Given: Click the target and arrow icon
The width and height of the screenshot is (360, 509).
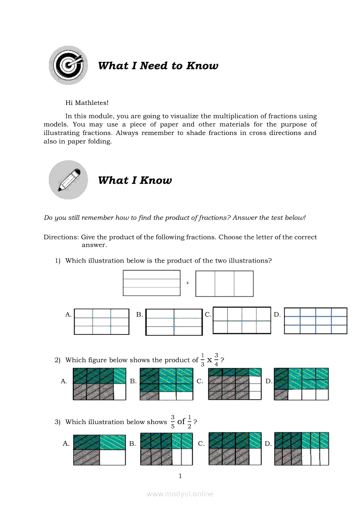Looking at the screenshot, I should point(68,65).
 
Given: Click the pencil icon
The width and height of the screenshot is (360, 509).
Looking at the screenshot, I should point(68,180).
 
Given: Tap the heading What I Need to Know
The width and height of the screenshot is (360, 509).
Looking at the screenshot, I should point(158,66).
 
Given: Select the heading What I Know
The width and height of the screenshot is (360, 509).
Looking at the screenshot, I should point(135,180).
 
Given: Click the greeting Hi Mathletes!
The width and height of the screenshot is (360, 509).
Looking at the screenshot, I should point(87,103).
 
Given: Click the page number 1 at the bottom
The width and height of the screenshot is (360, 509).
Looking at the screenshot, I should point(180,476).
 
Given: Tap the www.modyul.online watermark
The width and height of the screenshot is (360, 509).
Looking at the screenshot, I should point(180,494).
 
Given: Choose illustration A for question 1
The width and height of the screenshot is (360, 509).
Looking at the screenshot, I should point(102,322).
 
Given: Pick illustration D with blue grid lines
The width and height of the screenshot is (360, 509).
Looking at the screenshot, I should point(316,321).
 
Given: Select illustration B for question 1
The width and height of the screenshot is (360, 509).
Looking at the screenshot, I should point(174,322).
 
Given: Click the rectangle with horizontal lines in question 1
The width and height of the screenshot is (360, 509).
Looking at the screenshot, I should point(152,283).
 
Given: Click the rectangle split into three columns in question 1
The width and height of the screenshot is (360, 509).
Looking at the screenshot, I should point(224,283).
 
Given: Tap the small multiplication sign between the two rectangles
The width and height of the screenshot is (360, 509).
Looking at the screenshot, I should point(188,283).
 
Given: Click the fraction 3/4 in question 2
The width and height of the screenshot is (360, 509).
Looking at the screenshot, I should point(216,360).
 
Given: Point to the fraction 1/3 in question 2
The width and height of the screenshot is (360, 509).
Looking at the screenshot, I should point(202,360).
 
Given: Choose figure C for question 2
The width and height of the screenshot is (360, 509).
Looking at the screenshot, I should point(234,384).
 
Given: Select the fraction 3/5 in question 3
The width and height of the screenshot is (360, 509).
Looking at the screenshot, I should point(173,422).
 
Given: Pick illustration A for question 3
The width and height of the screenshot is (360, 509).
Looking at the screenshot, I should point(99,450).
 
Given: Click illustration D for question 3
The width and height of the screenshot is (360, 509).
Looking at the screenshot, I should point(302,448).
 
